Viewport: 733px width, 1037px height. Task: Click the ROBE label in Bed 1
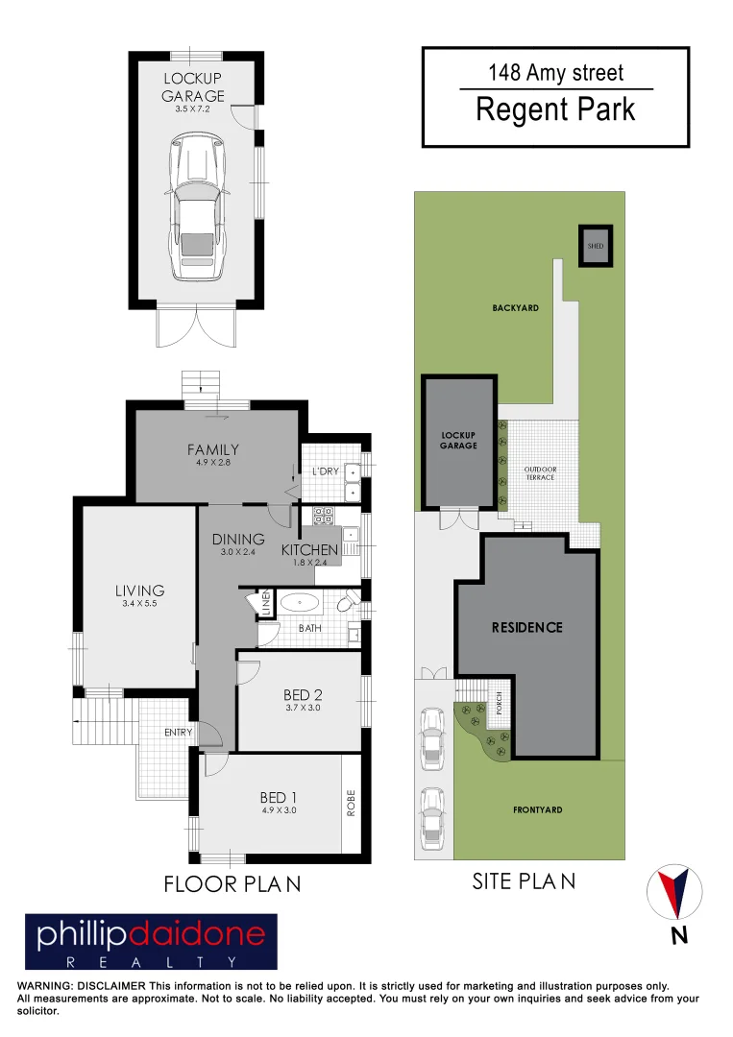(x=352, y=803)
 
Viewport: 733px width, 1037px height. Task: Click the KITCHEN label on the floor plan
(x=309, y=550)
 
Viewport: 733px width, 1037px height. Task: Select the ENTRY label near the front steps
(x=179, y=732)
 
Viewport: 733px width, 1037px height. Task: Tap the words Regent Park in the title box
(x=555, y=109)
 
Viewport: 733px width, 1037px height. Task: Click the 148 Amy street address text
(x=555, y=73)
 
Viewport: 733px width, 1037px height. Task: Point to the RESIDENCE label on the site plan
(x=526, y=627)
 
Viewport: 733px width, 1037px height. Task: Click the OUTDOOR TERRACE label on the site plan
(x=540, y=472)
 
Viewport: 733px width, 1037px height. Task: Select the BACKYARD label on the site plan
(x=515, y=308)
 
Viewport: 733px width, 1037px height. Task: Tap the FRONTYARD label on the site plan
(x=537, y=809)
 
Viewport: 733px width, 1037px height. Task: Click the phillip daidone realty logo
(x=151, y=941)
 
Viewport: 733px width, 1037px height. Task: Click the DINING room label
(x=238, y=539)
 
